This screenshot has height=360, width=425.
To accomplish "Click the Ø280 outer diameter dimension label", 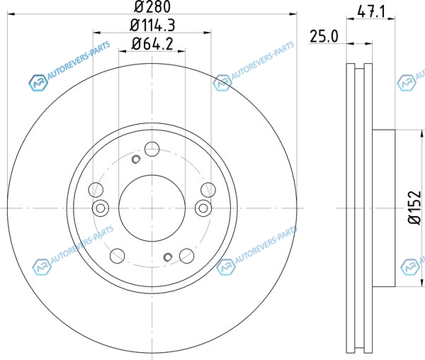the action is [152, 6].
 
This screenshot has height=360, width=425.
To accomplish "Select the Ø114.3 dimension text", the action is [152, 26].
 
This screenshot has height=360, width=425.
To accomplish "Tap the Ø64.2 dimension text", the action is [152, 44].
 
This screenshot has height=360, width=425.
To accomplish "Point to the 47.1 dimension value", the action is [371, 11].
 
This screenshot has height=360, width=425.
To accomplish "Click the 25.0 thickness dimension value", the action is [324, 36].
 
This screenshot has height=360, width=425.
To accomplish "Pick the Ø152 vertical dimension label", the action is [415, 208].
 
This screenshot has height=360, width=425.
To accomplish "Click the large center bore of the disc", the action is [152, 208].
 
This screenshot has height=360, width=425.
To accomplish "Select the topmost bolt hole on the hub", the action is [152, 149].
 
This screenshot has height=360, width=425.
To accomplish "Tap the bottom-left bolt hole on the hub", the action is [118, 255].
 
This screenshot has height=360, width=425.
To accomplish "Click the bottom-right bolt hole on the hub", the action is [187, 255].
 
